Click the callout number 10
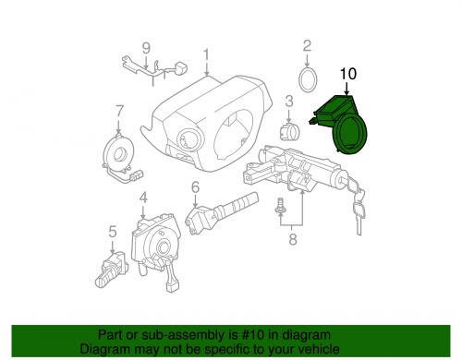(x=348, y=74)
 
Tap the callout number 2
(x=307, y=46)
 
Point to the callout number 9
(x=146, y=48)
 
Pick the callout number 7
(x=119, y=112)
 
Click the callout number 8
(x=292, y=239)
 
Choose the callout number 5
(x=113, y=232)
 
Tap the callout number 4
(x=143, y=198)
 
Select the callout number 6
(x=195, y=187)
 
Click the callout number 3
(x=289, y=102)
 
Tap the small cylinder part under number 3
(x=289, y=132)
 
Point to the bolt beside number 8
(x=280, y=206)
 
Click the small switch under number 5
(x=112, y=270)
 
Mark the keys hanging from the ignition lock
(x=358, y=205)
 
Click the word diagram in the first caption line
(x=308, y=335)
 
